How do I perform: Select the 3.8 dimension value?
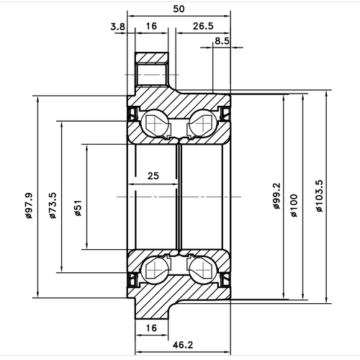pyautogui.click(x=117, y=27)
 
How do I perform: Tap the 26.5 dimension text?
pyautogui.click(x=202, y=27)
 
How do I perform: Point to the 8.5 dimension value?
pyautogui.click(x=222, y=42)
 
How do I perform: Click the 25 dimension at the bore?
pyautogui.click(x=153, y=176)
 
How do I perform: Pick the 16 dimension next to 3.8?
pyautogui.click(x=152, y=27)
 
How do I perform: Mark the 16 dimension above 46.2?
pyautogui.click(x=152, y=328)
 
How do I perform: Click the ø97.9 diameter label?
pyautogui.click(x=30, y=206)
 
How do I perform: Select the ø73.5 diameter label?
pyautogui.click(x=55, y=206)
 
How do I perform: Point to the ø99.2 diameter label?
pyautogui.click(x=276, y=205)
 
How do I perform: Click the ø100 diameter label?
pyautogui.click(x=294, y=205)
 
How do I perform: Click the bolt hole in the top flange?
pyautogui.click(x=152, y=74)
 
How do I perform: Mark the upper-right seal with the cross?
pyautogui.click(x=225, y=114)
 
